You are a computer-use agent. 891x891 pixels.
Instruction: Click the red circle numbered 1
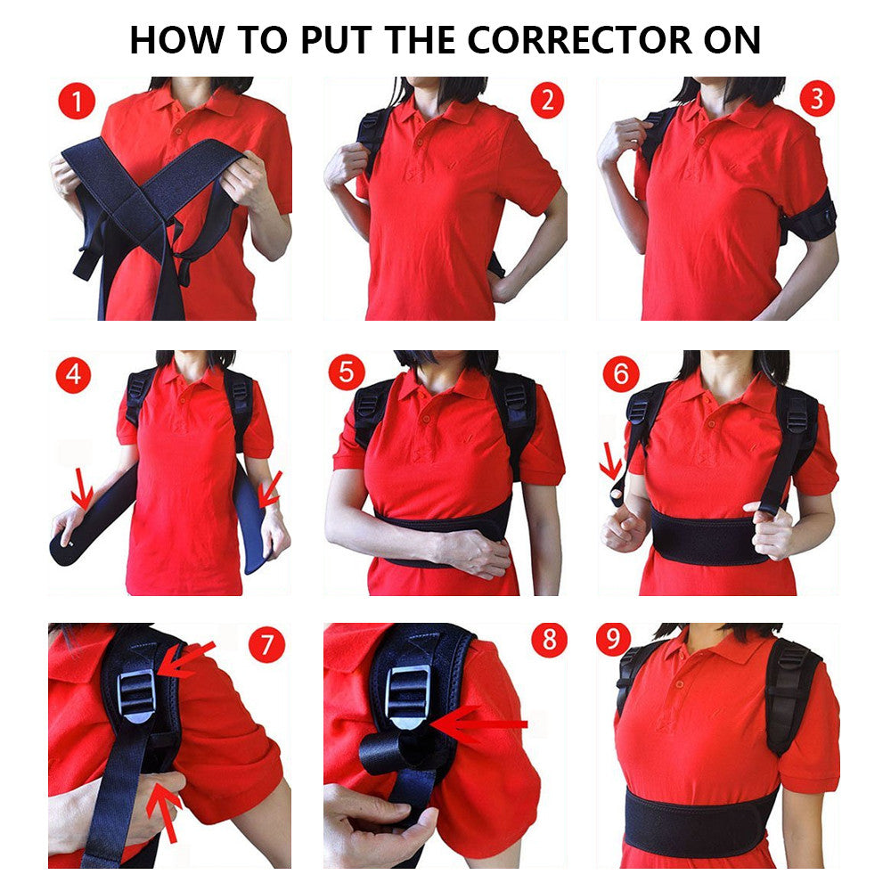77,102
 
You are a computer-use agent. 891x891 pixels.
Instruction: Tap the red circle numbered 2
547,100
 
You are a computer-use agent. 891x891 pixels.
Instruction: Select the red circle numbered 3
817,99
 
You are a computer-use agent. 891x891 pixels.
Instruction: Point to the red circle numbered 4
73,375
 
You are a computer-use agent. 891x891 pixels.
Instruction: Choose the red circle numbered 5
347,372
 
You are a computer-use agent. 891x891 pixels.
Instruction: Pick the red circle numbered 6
621,373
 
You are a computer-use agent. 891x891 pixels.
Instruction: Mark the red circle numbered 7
266,644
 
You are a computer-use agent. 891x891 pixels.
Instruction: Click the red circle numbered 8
549,640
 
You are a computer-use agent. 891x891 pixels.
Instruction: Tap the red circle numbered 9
614,638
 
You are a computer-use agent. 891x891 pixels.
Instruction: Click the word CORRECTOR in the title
580,40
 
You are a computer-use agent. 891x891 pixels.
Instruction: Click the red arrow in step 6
611,462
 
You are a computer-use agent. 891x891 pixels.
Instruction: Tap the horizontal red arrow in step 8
478,724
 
